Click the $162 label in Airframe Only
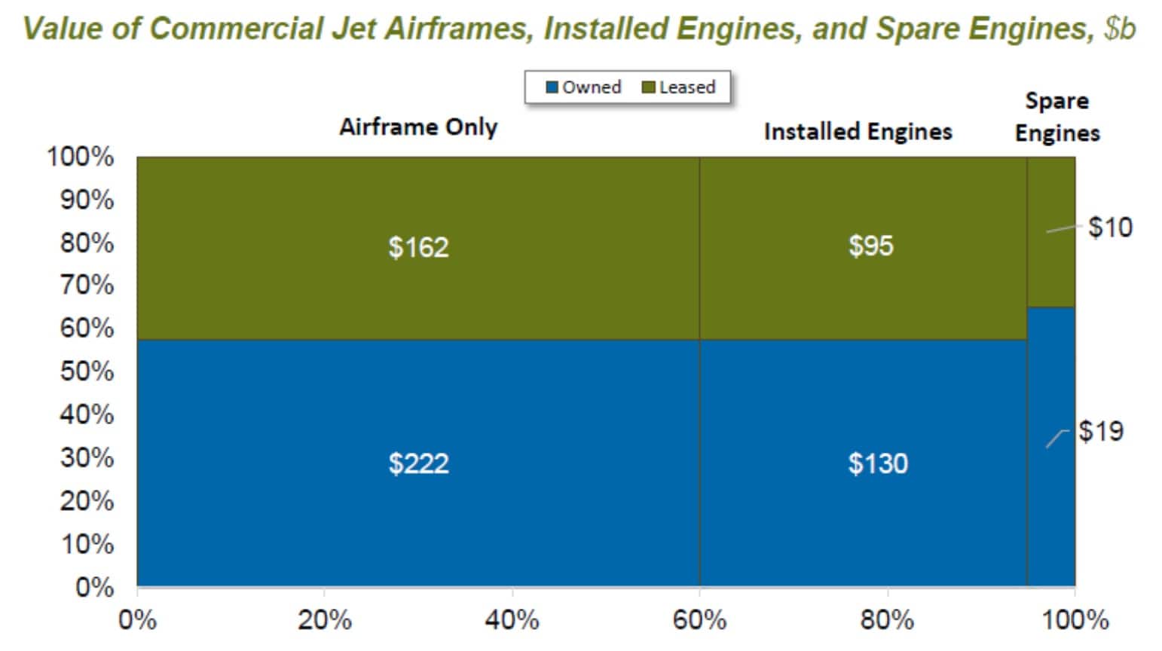(x=418, y=247)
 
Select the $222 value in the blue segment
(x=418, y=463)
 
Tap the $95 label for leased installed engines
(x=870, y=246)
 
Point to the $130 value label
(x=877, y=463)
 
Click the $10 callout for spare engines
(x=1110, y=227)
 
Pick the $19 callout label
(x=1100, y=431)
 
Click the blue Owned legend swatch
(x=552, y=87)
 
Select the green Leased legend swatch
(x=648, y=87)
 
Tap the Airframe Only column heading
(x=418, y=127)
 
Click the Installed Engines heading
(x=858, y=131)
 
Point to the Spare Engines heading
(x=1057, y=117)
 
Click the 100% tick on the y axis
(x=81, y=157)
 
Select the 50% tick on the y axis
(x=87, y=371)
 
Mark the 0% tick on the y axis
(x=94, y=587)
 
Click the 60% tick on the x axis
(x=699, y=620)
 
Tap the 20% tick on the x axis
(x=324, y=620)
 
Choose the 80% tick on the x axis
(x=887, y=620)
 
